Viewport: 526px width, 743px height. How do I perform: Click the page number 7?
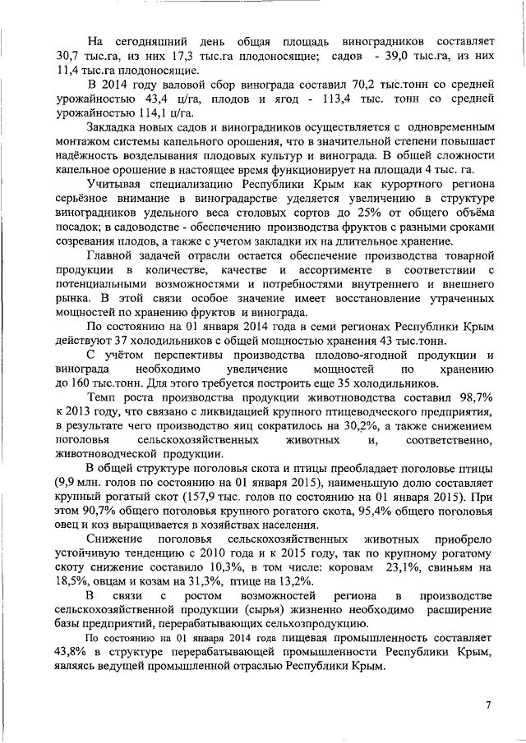click(487, 704)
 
